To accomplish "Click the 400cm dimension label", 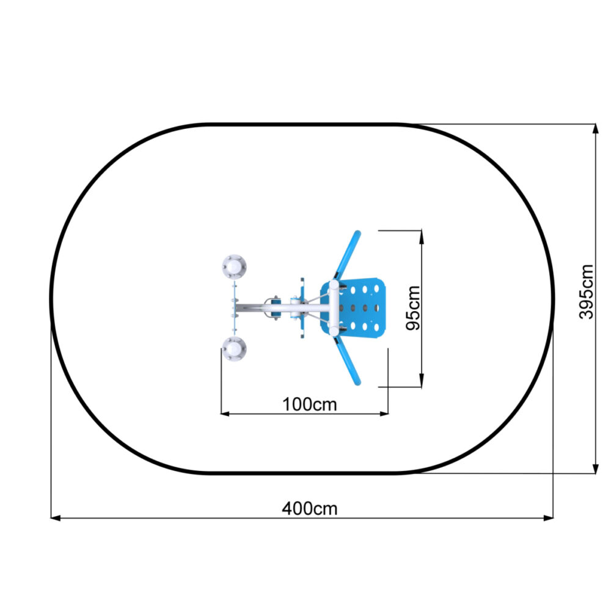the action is pyautogui.click(x=309, y=508).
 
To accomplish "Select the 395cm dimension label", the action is pyautogui.click(x=586, y=292).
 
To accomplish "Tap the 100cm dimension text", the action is pyautogui.click(x=309, y=404).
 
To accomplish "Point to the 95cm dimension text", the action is pyautogui.click(x=413, y=308).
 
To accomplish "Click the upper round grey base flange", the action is pyautogui.click(x=234, y=267).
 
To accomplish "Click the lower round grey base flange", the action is pyautogui.click(x=234, y=349).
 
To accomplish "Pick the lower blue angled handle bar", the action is pyautogui.click(x=347, y=361).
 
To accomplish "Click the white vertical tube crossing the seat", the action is pyautogui.click(x=334, y=307).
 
